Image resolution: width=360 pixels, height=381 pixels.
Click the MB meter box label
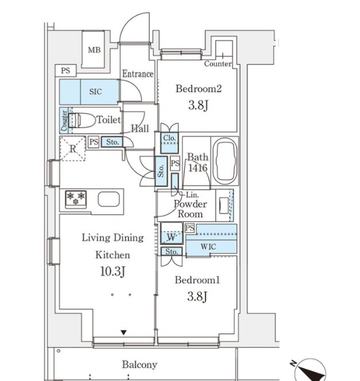click(x=94, y=50)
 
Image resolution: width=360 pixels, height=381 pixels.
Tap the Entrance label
click(x=137, y=74)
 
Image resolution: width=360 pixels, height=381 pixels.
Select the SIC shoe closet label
click(x=95, y=91)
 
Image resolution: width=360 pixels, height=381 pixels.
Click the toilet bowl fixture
click(x=82, y=120)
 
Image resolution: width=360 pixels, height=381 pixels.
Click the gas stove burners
click(x=76, y=199)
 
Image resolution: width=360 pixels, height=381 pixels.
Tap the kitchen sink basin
click(x=109, y=199)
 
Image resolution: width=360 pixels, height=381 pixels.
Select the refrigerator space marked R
click(x=72, y=149)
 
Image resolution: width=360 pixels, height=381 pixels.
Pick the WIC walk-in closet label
click(x=208, y=247)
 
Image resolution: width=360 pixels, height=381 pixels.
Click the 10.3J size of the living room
click(x=113, y=271)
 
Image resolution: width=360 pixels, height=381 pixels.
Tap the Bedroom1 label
click(x=197, y=280)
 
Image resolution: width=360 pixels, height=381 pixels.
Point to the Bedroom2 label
click(x=198, y=88)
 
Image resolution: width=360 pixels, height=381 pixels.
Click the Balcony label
click(x=140, y=365)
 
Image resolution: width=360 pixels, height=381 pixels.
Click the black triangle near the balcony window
click(x=124, y=332)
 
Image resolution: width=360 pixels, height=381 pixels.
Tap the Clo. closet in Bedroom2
click(x=169, y=143)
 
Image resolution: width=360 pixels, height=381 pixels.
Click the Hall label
click(x=140, y=129)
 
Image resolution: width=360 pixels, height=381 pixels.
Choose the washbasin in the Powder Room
click(x=224, y=205)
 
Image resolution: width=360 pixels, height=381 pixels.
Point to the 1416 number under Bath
click(x=197, y=168)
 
